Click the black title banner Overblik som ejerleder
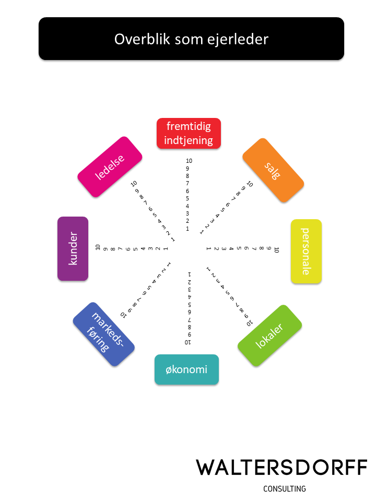(x=191, y=39)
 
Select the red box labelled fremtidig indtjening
(x=189, y=133)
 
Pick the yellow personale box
(x=306, y=252)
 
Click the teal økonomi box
(x=186, y=370)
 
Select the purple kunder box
(x=73, y=249)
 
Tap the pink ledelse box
(x=110, y=167)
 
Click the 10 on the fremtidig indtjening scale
(x=189, y=161)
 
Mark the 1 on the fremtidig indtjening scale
(x=187, y=229)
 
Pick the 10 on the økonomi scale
(x=188, y=342)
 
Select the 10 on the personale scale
(x=277, y=249)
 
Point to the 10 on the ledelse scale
(x=134, y=184)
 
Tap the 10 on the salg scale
(x=250, y=184)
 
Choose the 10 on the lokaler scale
(x=250, y=324)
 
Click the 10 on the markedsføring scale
(x=124, y=315)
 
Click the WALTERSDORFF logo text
(x=281, y=468)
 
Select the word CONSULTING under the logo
(x=285, y=489)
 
